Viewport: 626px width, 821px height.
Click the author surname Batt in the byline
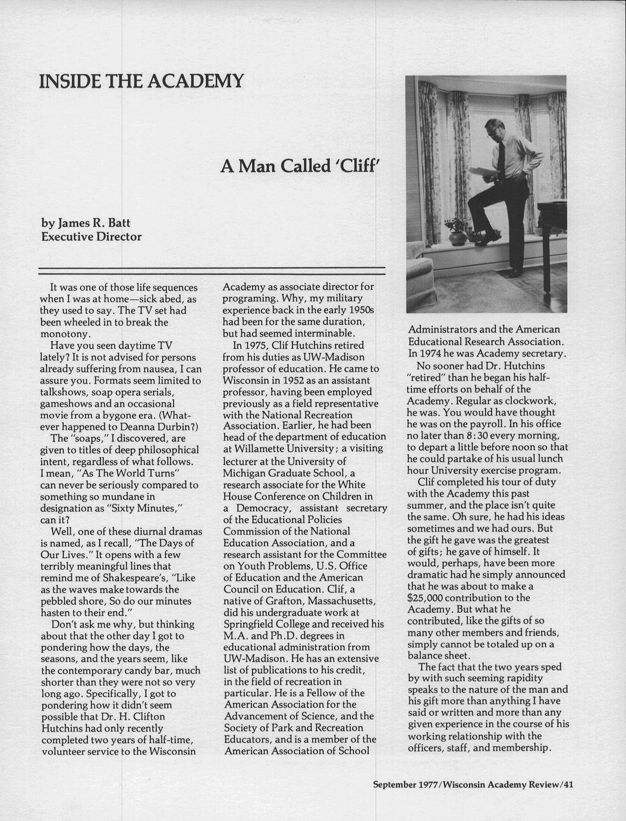(118, 224)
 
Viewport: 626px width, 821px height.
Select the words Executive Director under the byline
(91, 237)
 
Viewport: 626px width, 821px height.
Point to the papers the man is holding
(483, 173)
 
